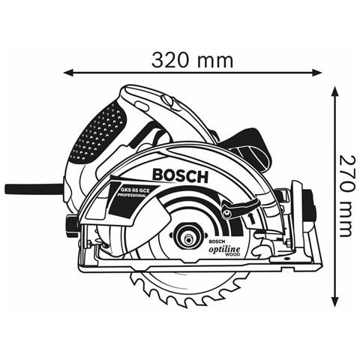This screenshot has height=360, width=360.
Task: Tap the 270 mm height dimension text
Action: coord(346,196)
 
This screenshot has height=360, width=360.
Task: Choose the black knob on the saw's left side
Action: coord(70,223)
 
